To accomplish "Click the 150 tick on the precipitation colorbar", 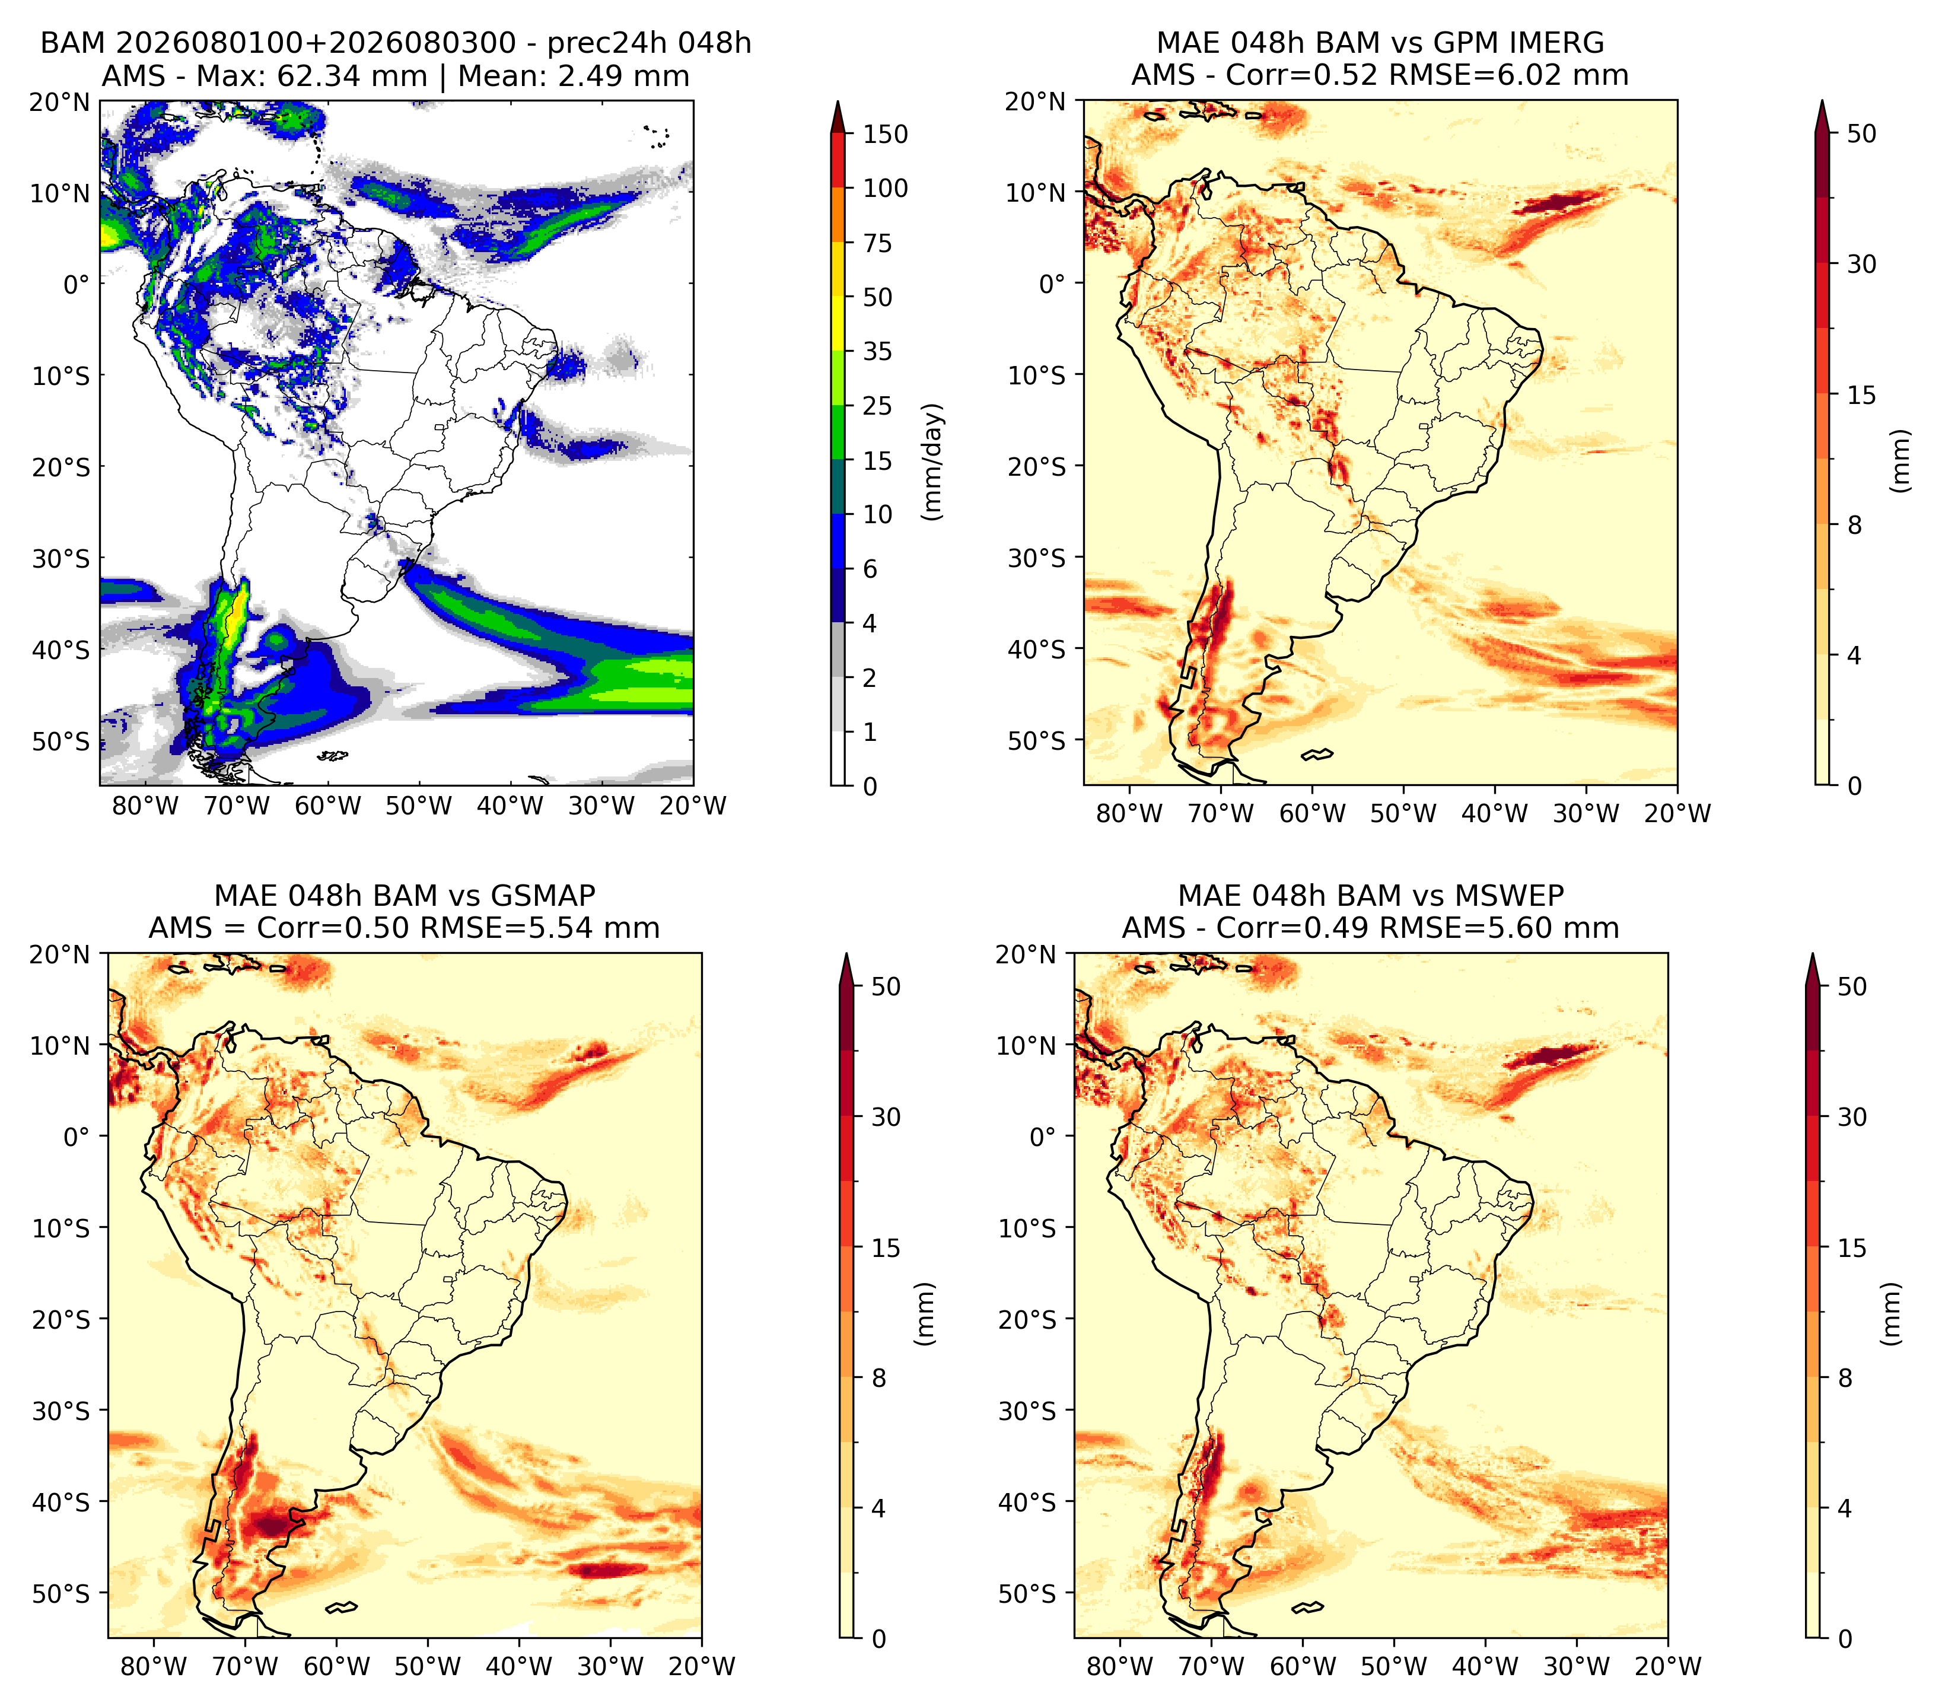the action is pyautogui.click(x=884, y=134).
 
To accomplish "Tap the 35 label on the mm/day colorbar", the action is pyautogui.click(x=877, y=351).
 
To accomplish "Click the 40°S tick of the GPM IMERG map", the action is pyautogui.click(x=1037, y=649).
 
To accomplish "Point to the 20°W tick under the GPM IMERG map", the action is pyautogui.click(x=1677, y=813).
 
